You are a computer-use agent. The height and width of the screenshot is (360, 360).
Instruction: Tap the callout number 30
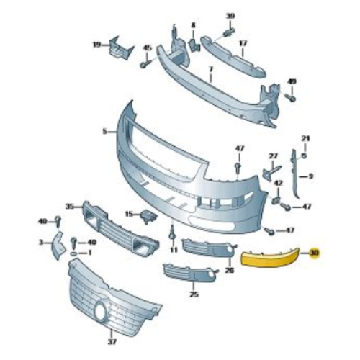coord(314,253)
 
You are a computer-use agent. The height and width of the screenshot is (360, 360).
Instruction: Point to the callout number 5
coord(104,132)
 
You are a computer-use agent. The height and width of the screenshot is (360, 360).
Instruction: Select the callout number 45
coord(147,48)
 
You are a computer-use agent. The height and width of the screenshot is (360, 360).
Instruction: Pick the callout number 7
coord(211,70)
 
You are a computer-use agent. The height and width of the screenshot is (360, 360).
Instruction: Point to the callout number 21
coord(305,138)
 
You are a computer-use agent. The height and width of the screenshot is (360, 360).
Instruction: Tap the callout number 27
coord(273,156)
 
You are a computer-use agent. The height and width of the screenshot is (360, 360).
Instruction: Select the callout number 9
coord(311,176)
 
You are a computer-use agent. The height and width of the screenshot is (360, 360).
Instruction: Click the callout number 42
coord(277,184)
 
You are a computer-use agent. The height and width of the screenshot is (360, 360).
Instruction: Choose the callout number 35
coord(70,206)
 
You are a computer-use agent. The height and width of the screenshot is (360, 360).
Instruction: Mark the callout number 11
coord(173,250)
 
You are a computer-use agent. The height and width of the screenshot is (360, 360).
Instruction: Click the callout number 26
coord(229,271)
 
